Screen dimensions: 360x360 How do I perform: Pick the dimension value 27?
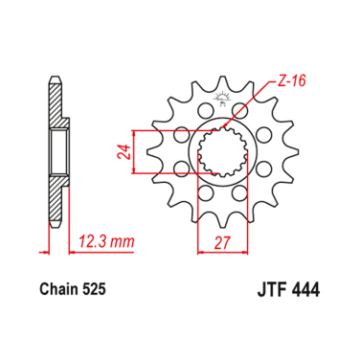225,244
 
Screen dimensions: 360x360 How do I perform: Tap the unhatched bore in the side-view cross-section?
57,153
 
